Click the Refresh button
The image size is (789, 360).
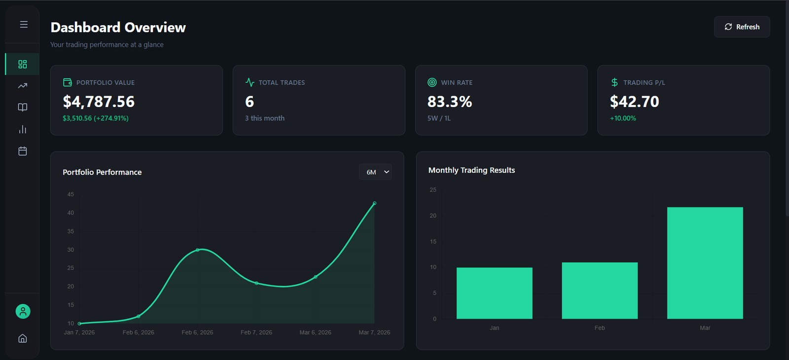click(x=742, y=27)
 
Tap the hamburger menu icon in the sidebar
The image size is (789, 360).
click(x=24, y=24)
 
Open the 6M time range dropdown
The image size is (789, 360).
click(x=376, y=172)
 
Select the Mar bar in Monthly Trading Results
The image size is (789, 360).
click(x=705, y=263)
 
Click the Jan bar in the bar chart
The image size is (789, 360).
click(x=494, y=293)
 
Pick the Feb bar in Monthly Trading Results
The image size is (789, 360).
click(x=600, y=290)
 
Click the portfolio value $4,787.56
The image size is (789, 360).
click(x=99, y=102)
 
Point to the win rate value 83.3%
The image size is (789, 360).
click(x=449, y=102)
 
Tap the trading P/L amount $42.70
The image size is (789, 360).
click(x=634, y=102)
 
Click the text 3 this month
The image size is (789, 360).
click(x=265, y=118)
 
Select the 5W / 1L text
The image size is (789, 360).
click(x=439, y=118)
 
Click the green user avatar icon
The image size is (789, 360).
click(x=23, y=311)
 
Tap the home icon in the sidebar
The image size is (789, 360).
click(x=23, y=338)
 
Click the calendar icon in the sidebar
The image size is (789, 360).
click(x=23, y=151)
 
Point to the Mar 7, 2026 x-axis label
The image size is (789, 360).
click(x=374, y=332)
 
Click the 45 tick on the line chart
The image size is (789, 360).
click(x=71, y=194)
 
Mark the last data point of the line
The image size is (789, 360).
click(x=374, y=203)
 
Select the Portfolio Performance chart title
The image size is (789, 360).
click(x=102, y=172)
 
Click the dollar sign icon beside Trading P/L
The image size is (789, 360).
click(x=614, y=82)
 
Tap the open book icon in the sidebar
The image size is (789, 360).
click(x=23, y=108)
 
